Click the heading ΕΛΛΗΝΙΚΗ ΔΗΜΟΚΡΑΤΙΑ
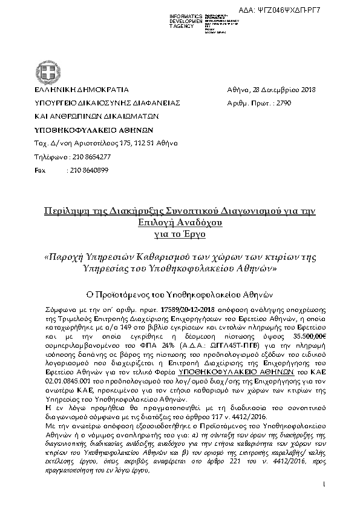tap(68, 90)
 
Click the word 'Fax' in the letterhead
tap(39, 170)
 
